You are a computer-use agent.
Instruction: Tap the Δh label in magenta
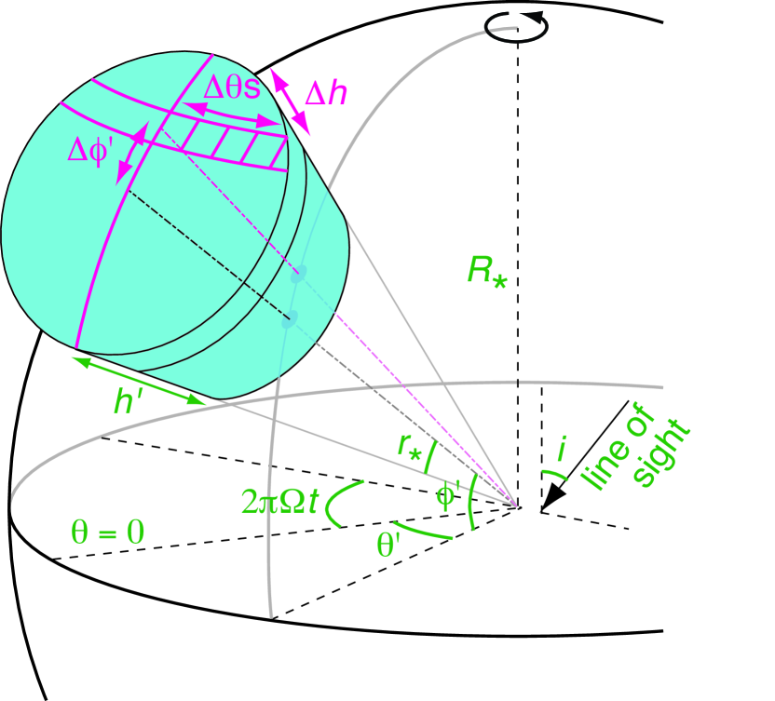(x=326, y=94)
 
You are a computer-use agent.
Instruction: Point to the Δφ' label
(x=92, y=150)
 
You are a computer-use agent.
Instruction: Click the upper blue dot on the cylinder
(x=298, y=275)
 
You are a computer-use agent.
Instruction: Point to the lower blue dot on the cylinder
(x=290, y=319)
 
